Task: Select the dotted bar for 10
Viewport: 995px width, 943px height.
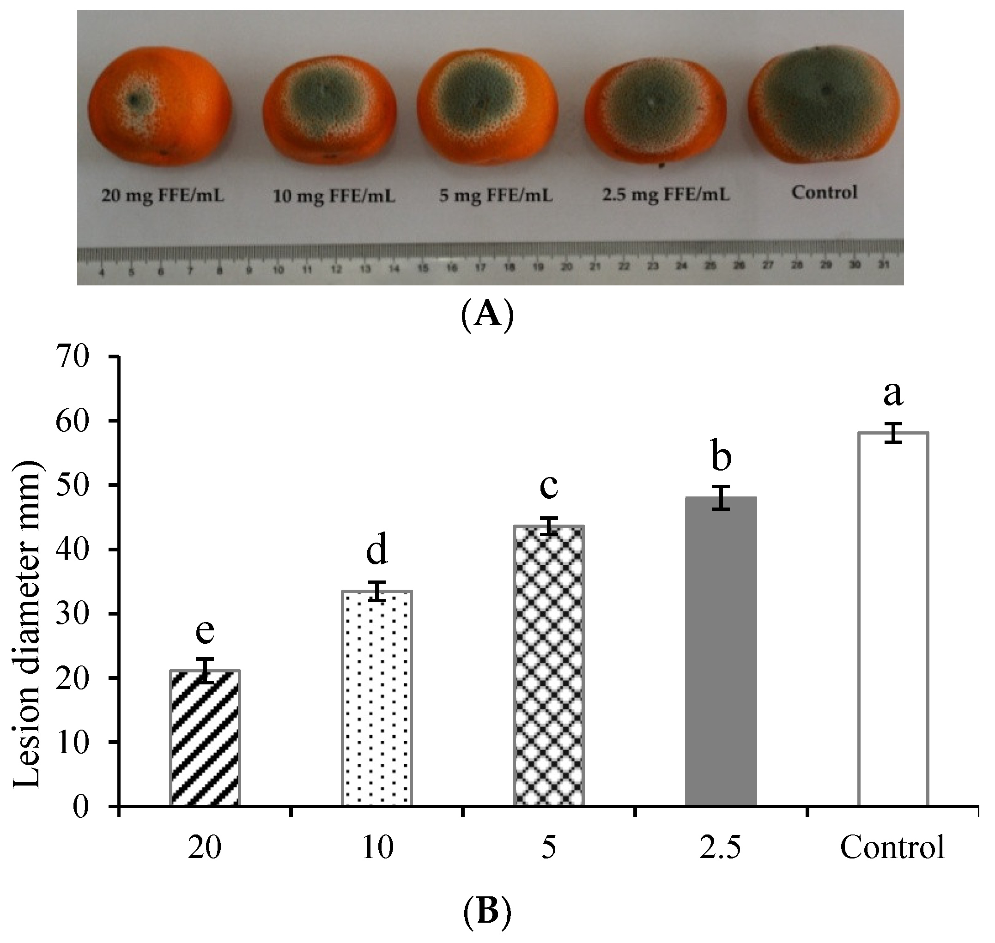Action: pyautogui.click(x=377, y=699)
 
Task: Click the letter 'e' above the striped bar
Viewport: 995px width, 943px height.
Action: pyautogui.click(x=205, y=631)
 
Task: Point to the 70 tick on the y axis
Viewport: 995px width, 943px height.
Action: pyautogui.click(x=75, y=356)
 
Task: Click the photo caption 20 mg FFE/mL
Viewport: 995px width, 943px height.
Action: pyautogui.click(x=163, y=195)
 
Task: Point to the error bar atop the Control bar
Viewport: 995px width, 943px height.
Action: pyautogui.click(x=893, y=433)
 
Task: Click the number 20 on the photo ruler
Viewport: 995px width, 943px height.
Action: pyautogui.click(x=567, y=267)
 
